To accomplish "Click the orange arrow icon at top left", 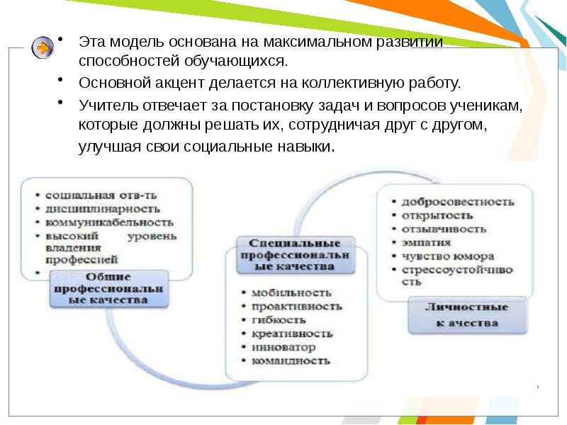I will pyautogui.click(x=42, y=48).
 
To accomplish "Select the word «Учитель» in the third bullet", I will pyautogui.click(x=105, y=106).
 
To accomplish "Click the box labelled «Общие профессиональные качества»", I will pyautogui.click(x=108, y=289).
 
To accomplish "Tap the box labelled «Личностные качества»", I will pyautogui.click(x=466, y=315).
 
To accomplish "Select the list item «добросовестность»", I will pyautogui.click(x=457, y=201).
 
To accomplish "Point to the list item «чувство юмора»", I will pyautogui.click(x=448, y=256).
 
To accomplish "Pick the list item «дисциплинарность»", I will pyautogui.click(x=103, y=208).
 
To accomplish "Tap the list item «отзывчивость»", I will pyautogui.click(x=444, y=229).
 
